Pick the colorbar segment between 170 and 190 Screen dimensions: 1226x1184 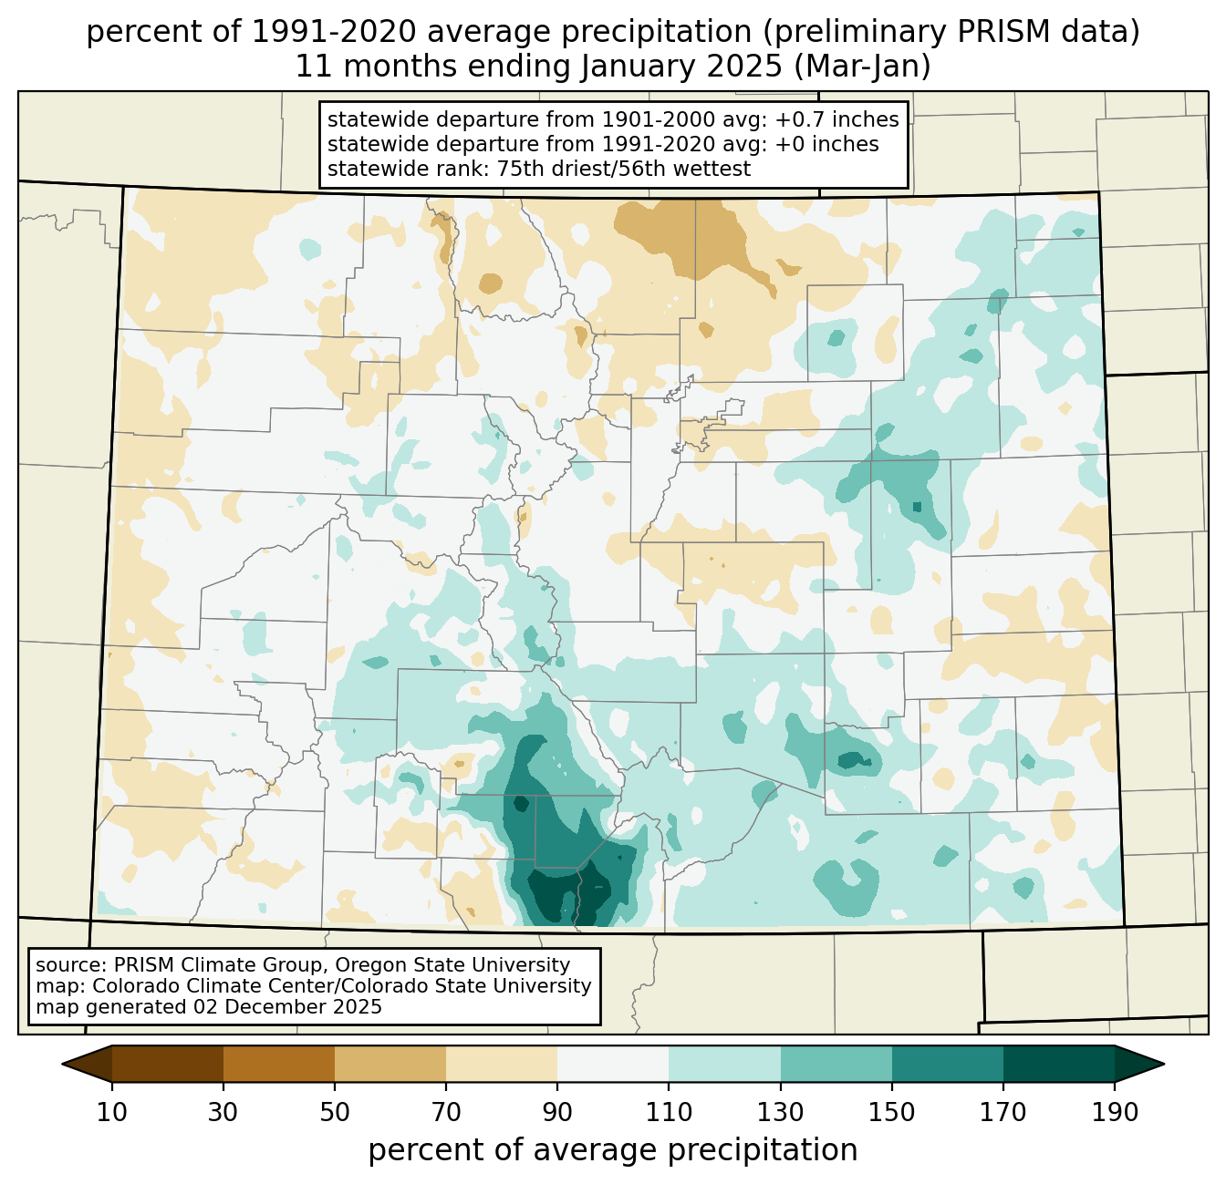point(1058,1064)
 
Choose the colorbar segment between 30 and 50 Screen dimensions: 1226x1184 point(278,1064)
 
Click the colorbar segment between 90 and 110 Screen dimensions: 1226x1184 point(613,1064)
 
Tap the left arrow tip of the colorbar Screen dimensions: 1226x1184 point(62,1064)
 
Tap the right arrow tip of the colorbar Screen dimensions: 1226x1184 point(1164,1064)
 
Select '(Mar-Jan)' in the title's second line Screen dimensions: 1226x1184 point(862,67)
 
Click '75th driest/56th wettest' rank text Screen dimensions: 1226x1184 point(624,169)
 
